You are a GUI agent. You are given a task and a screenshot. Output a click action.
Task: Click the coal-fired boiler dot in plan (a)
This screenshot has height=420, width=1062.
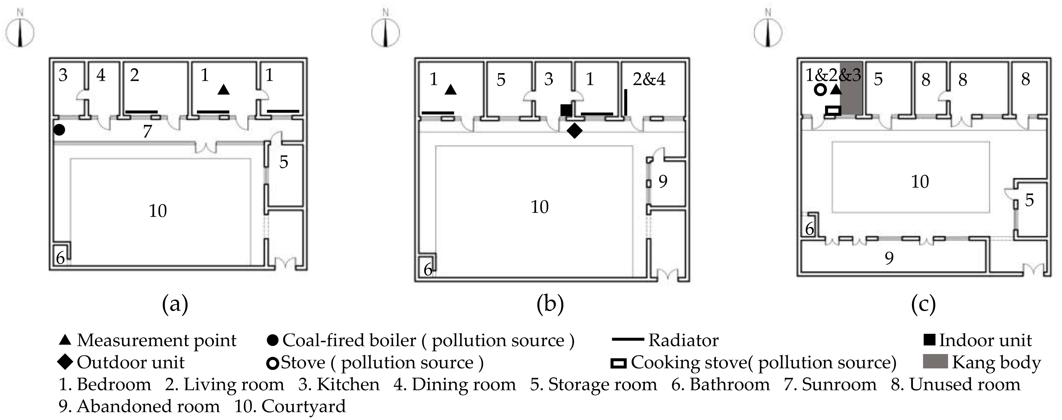point(59,130)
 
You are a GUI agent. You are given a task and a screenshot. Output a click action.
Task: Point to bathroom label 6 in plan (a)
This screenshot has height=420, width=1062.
point(60,258)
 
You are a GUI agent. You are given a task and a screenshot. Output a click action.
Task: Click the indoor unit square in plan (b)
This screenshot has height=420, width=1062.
point(566,110)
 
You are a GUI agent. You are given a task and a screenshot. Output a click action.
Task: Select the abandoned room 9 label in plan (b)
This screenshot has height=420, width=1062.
point(662,181)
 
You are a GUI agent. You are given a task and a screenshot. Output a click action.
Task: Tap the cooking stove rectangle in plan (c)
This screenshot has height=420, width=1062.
point(833,110)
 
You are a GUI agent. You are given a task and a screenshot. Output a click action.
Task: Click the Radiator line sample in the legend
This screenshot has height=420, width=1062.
point(627,340)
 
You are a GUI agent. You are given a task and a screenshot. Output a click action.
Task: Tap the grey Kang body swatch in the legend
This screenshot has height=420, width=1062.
point(935,361)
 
